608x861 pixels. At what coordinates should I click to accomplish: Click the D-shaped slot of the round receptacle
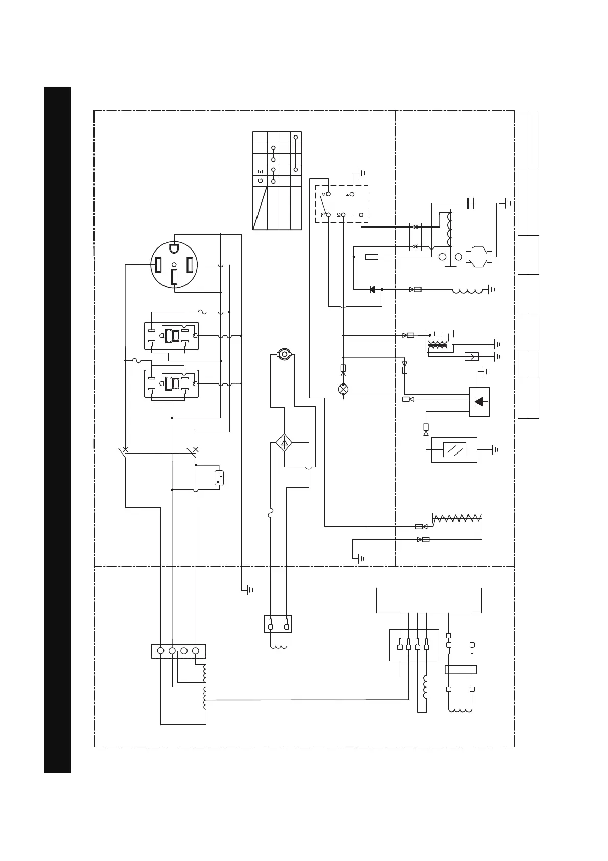[x=174, y=249]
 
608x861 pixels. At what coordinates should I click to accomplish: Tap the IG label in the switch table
[x=260, y=181]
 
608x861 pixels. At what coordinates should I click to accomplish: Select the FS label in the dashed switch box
[x=323, y=215]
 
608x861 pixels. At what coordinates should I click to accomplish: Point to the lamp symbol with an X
[x=343, y=389]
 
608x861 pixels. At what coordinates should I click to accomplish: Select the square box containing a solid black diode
[x=479, y=401]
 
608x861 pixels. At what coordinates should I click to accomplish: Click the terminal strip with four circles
[x=178, y=651]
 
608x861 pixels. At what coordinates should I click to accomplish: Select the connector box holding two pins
[x=278, y=624]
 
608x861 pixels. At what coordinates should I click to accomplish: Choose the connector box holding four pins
[x=414, y=645]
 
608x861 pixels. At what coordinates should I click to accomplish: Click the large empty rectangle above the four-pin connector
[x=428, y=600]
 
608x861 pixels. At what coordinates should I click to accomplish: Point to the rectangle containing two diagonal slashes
[x=454, y=450]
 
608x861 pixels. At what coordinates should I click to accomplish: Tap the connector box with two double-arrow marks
[x=415, y=237]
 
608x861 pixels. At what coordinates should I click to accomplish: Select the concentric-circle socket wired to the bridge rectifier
[x=284, y=353]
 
